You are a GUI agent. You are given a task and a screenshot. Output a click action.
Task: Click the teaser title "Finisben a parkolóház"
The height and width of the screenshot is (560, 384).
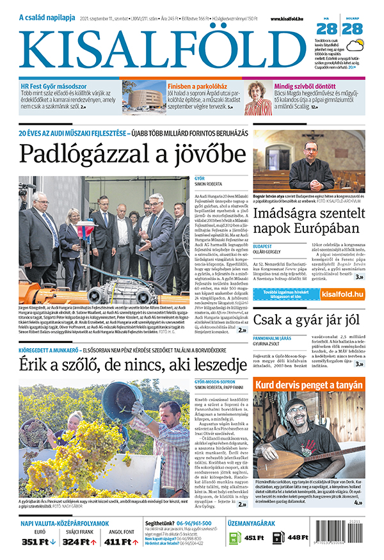coord(198,85)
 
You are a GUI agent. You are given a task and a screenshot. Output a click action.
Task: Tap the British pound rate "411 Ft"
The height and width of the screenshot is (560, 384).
coord(120,542)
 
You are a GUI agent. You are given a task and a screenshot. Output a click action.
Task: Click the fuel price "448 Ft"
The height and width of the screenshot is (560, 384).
coord(298,538)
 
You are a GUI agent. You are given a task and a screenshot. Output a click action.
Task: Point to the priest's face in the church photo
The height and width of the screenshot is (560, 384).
coord(310,148)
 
